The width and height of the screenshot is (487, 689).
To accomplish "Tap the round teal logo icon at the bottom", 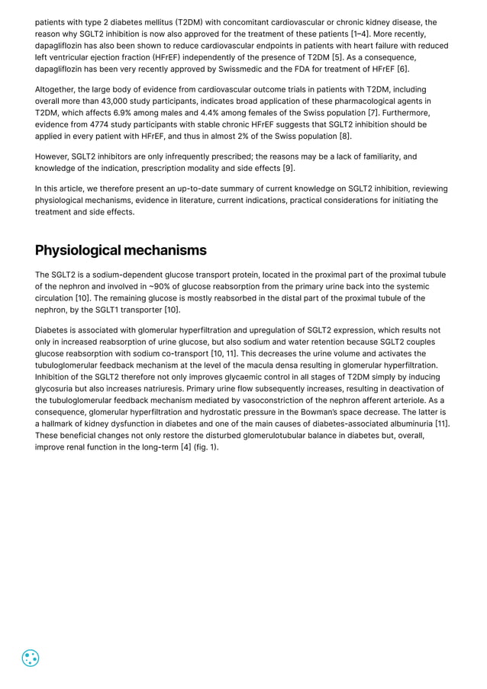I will pos(31,658).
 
